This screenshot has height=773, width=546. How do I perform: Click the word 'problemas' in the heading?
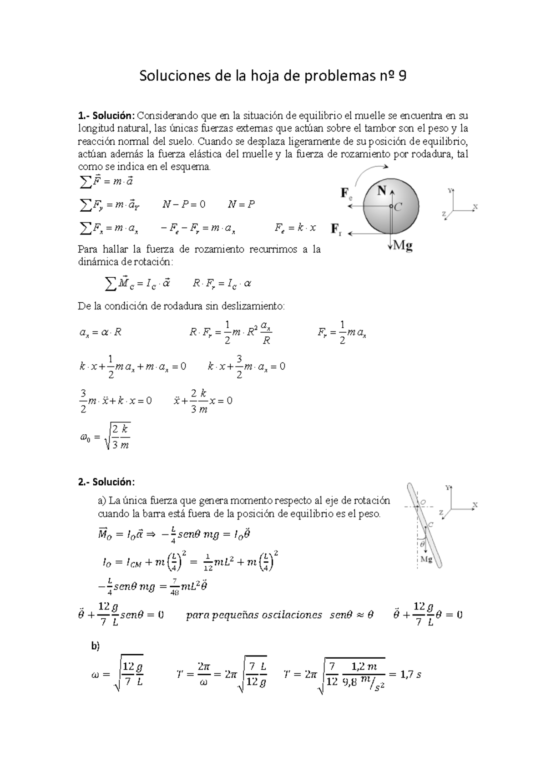click(337, 76)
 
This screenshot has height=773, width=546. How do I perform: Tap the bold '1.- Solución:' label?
click(106, 116)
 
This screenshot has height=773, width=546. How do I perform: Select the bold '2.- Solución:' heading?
click(106, 482)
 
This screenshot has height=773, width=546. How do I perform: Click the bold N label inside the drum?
click(381, 191)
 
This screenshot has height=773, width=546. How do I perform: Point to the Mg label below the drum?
click(403, 246)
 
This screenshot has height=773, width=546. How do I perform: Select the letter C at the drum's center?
click(398, 207)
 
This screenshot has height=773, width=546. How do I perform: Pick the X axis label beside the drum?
click(475, 206)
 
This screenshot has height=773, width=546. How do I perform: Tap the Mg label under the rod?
click(426, 559)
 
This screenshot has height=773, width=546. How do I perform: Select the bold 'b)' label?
click(95, 646)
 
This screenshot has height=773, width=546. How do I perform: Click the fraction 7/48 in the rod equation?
click(174, 587)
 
